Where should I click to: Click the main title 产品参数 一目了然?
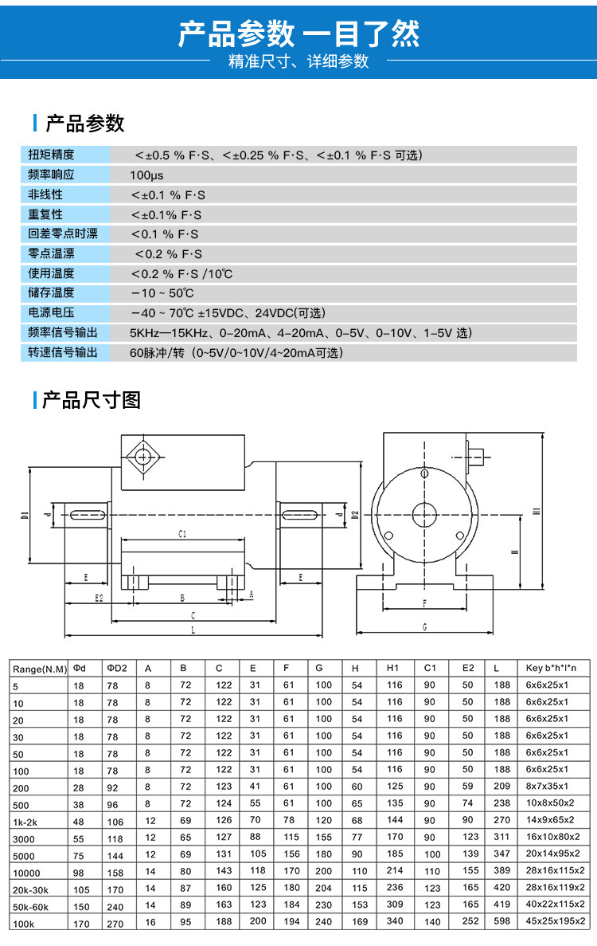(298, 34)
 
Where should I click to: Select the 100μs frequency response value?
(146, 175)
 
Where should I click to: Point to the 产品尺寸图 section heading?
(91, 399)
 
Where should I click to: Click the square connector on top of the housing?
(144, 457)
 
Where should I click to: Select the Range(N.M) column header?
(40, 668)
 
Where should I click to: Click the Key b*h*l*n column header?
(551, 668)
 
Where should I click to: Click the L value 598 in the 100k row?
(501, 921)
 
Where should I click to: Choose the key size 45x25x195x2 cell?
(555, 921)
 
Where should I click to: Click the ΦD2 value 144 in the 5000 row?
(115, 854)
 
